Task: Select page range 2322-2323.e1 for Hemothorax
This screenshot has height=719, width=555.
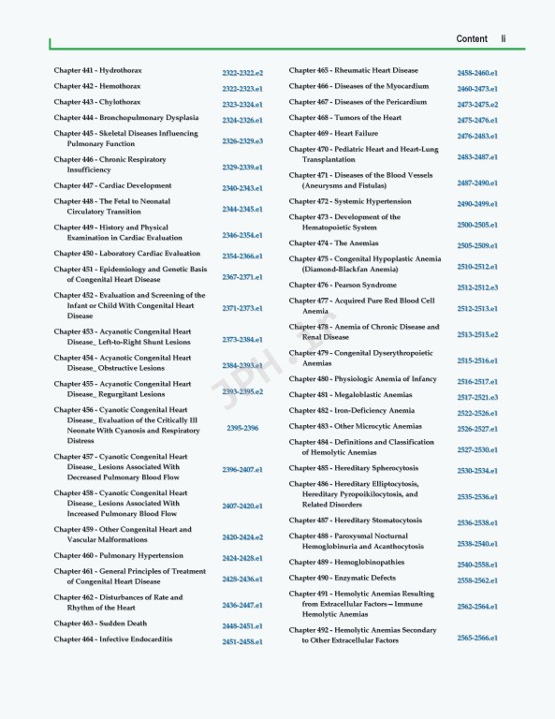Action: (x=242, y=89)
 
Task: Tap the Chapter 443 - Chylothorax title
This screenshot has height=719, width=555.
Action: (x=97, y=102)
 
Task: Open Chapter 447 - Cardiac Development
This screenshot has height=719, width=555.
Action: (x=112, y=185)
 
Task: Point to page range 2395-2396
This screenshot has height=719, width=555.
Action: (x=242, y=428)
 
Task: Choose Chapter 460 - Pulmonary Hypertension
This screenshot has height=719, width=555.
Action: (x=118, y=555)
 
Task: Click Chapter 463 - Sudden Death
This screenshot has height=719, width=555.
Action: (x=100, y=623)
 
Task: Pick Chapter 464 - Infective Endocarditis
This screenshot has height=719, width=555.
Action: (x=112, y=639)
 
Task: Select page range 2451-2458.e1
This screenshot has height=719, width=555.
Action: (x=242, y=642)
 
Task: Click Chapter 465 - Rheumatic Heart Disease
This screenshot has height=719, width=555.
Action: (x=353, y=70)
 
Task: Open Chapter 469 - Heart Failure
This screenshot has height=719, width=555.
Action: (x=333, y=133)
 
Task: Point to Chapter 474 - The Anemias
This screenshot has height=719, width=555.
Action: (x=333, y=243)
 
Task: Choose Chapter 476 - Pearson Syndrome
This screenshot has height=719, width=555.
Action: (x=343, y=285)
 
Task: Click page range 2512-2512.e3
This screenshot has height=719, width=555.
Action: (x=477, y=287)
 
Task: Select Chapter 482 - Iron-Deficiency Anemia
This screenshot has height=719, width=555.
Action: (x=351, y=410)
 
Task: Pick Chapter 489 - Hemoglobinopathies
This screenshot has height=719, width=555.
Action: (x=346, y=562)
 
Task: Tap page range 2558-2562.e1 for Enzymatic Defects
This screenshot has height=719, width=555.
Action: (x=477, y=580)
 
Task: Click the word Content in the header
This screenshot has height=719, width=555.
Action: (x=472, y=38)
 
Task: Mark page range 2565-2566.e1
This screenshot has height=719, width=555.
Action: (x=477, y=638)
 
